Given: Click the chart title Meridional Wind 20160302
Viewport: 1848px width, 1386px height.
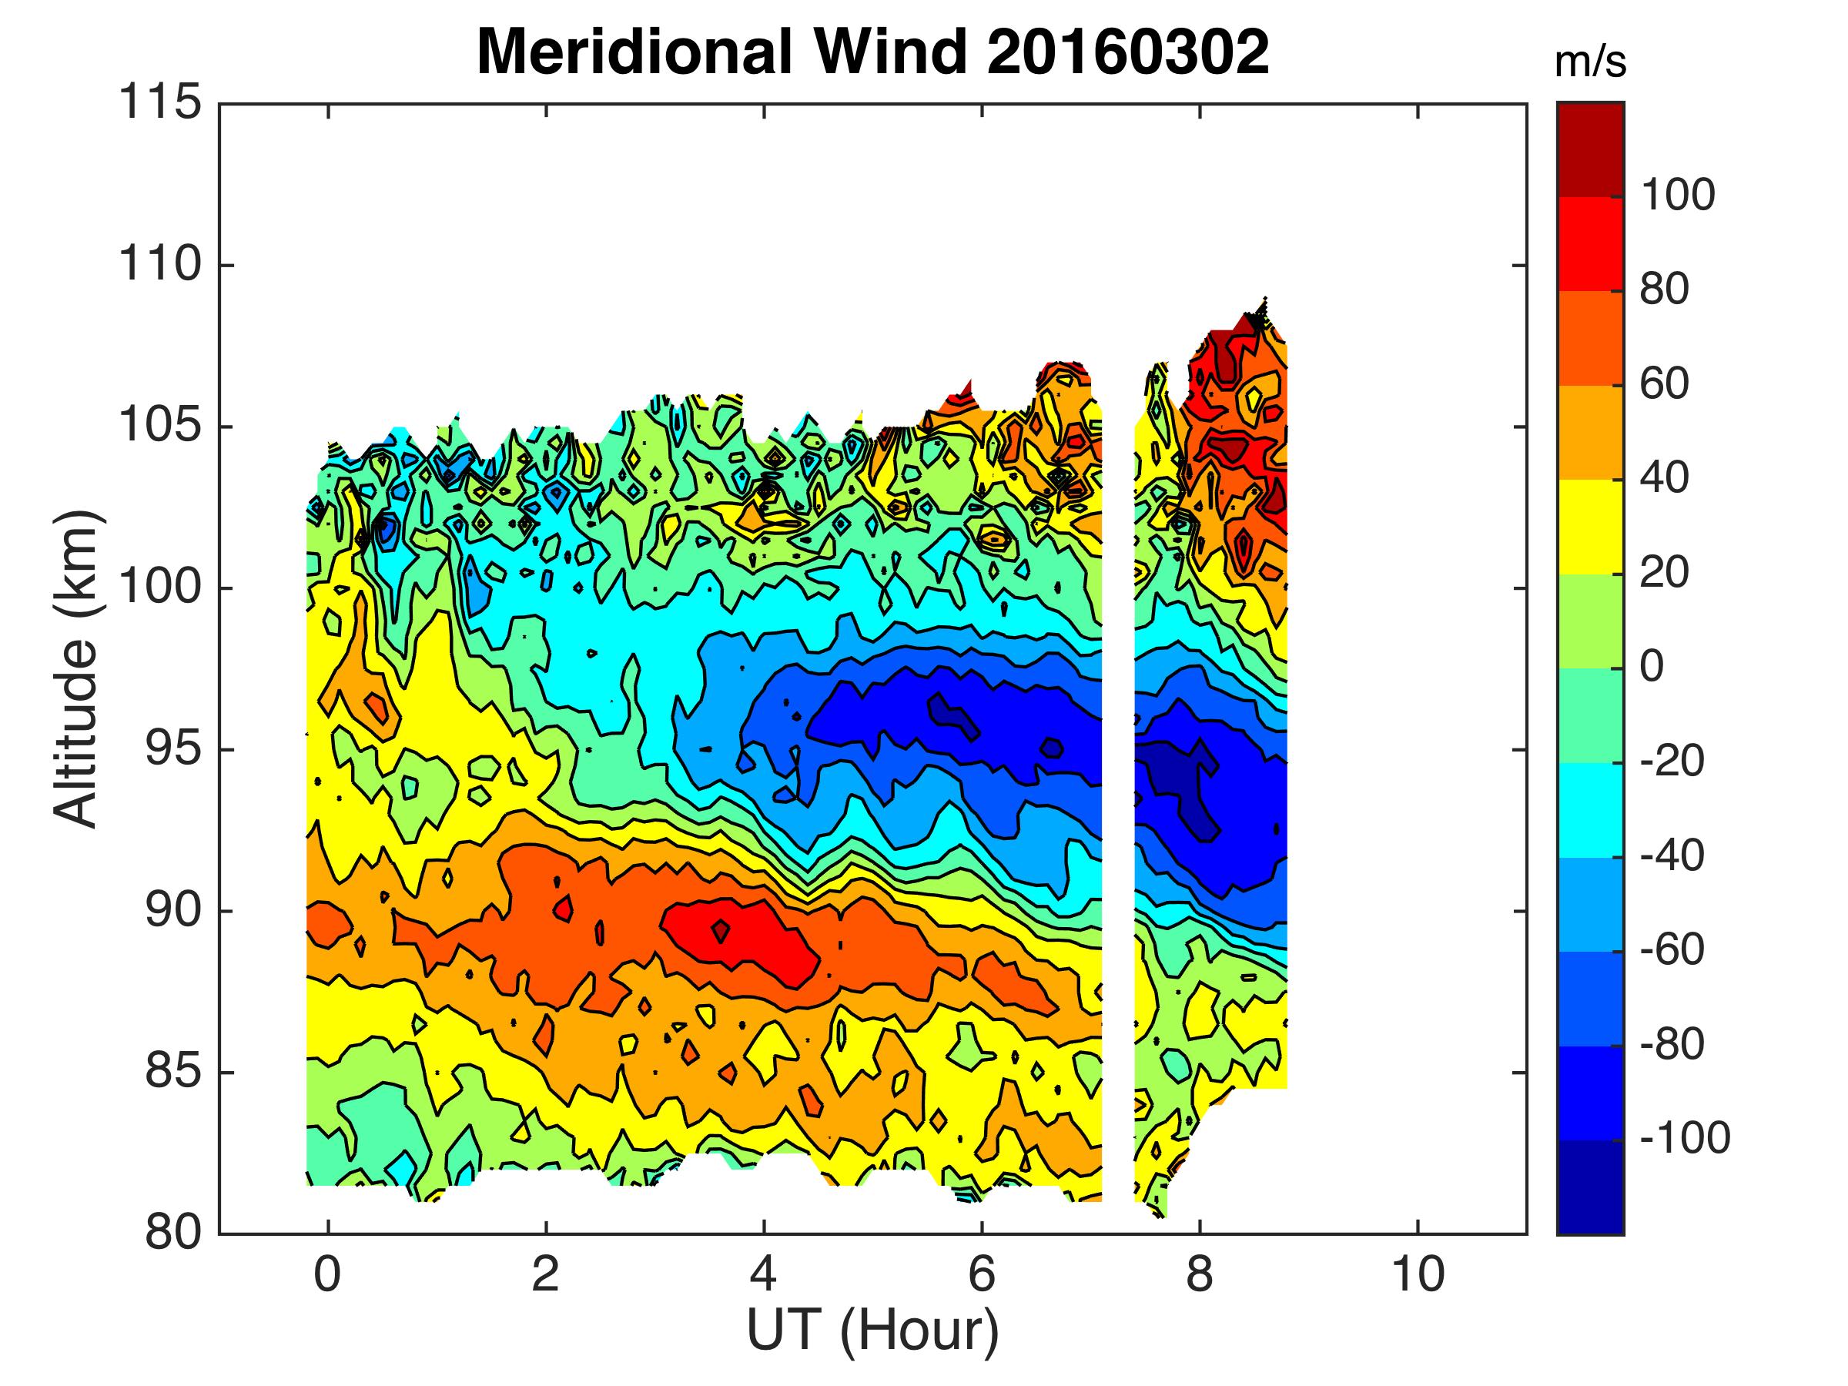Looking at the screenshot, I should tap(872, 52).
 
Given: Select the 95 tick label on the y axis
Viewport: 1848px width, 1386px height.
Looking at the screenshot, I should tap(173, 749).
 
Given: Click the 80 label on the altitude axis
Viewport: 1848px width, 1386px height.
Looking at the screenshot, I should tap(173, 1233).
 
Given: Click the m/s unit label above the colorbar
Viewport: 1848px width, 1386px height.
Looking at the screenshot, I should tap(1590, 63).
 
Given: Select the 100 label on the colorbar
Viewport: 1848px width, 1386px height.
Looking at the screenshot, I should tap(1677, 196).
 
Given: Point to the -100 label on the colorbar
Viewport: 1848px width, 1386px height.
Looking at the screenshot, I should tap(1684, 1138).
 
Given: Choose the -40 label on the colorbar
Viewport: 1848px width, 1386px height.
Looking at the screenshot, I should tap(1671, 855).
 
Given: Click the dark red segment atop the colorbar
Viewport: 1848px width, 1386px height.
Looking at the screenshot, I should tap(1590, 149).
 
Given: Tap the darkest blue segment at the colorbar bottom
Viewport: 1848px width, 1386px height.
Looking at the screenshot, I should tap(1590, 1187).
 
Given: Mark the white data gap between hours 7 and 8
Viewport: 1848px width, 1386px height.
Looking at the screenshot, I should tap(1118, 752).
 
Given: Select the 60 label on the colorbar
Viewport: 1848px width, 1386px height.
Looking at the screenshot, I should tap(1664, 384).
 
